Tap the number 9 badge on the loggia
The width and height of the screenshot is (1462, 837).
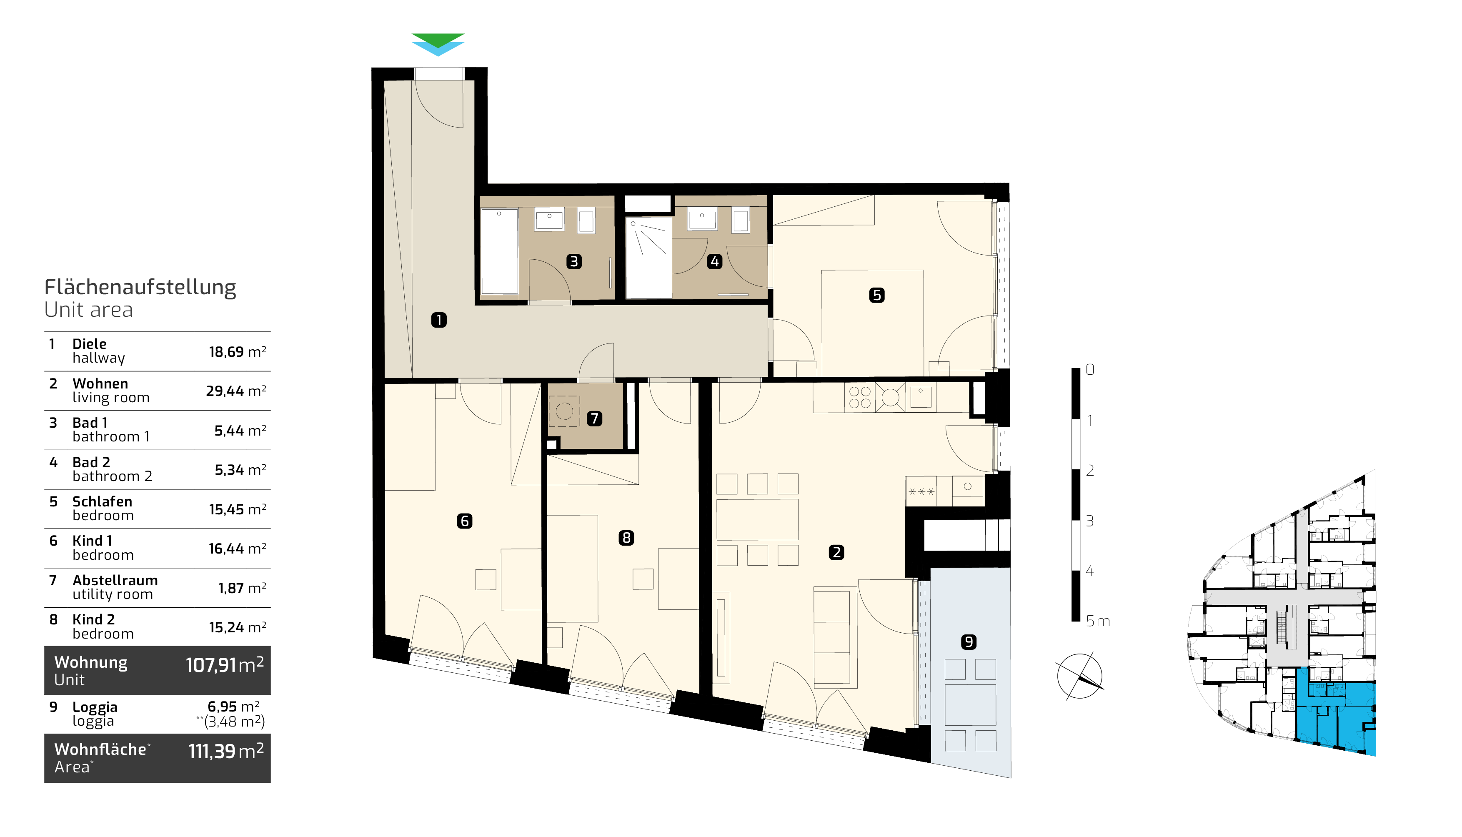[x=969, y=642]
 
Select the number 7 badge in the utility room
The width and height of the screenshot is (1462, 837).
[x=595, y=418]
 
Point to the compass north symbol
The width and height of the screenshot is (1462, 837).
[x=1080, y=676]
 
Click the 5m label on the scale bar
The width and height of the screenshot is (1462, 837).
[x=1098, y=621]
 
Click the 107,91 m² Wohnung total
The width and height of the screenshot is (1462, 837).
[x=225, y=665]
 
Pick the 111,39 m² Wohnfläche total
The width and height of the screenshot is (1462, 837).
[x=226, y=751]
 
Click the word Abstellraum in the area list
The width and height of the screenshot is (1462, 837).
[x=115, y=580]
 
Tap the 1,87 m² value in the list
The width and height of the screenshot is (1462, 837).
[x=242, y=588]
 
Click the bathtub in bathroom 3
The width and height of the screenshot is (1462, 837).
[x=499, y=251]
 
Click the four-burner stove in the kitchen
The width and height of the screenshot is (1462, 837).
[x=860, y=397]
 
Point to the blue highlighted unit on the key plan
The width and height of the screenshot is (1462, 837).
[x=1336, y=716]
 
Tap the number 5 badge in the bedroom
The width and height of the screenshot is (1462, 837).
[x=876, y=295]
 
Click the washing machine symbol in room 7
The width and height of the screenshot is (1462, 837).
[x=564, y=411]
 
